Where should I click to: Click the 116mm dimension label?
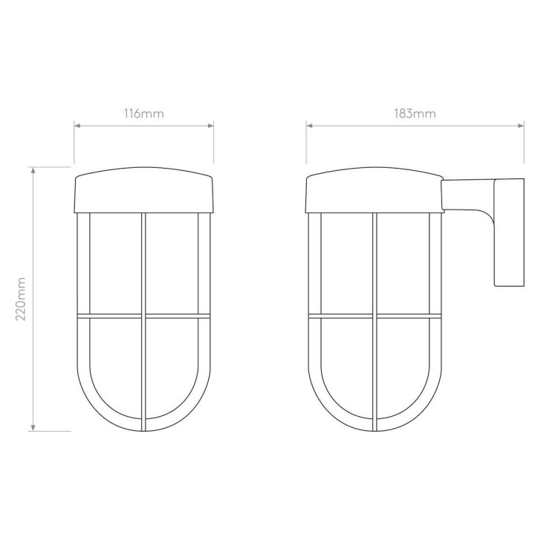tap(143, 113)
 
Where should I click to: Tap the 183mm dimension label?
tap(415, 113)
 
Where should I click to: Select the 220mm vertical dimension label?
tap(21, 299)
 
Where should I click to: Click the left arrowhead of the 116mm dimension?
tap(77, 126)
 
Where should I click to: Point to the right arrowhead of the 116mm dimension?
tap(210, 126)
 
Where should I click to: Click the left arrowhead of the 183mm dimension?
tap(309, 126)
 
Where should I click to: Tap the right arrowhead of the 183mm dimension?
tap(521, 126)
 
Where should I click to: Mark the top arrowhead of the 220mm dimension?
tap(33, 170)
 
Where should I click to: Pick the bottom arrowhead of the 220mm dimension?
tap(33, 428)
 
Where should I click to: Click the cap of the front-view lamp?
tap(144, 190)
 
